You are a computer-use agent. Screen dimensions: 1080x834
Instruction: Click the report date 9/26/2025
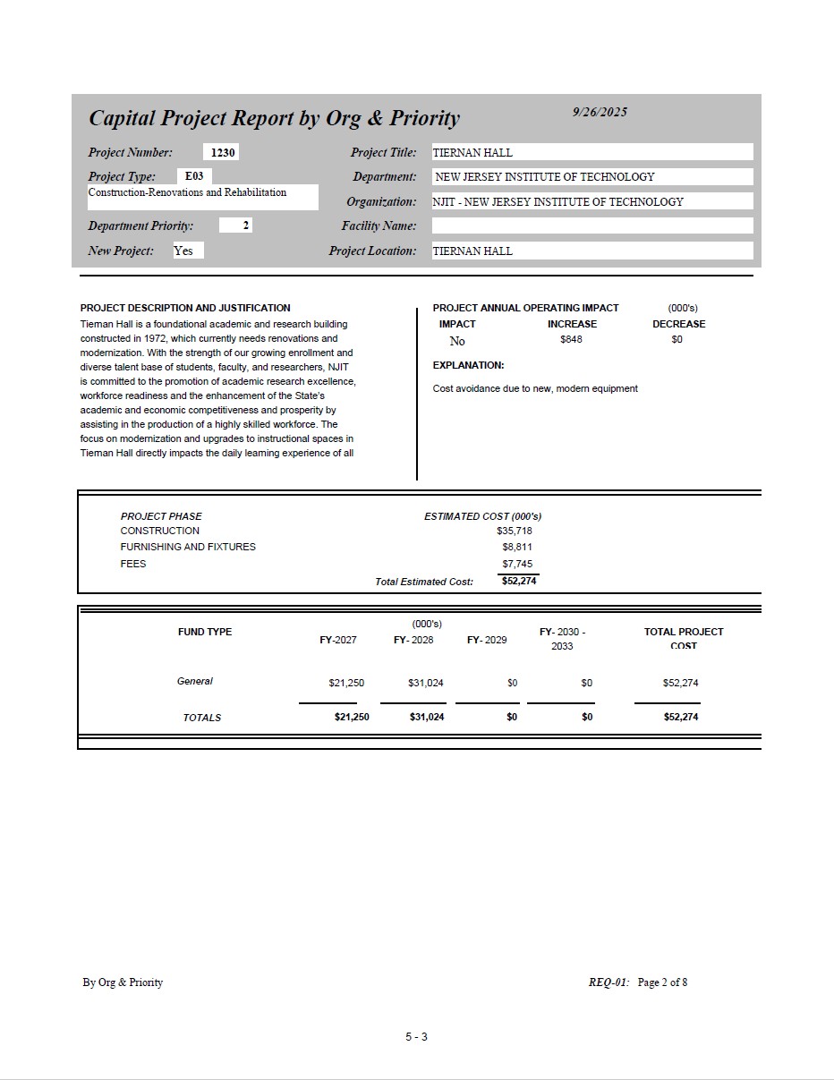[600, 112]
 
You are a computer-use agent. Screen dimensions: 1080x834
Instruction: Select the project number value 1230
[223, 153]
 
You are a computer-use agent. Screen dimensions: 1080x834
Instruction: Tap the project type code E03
[194, 176]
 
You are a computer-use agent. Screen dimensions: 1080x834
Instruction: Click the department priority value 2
[246, 225]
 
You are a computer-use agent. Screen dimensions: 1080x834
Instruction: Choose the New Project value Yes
[183, 251]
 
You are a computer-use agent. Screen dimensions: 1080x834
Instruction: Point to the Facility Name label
[379, 225]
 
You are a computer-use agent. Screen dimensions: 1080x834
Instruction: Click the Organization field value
[557, 201]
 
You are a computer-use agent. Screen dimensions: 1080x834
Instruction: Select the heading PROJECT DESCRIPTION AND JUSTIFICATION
[185, 308]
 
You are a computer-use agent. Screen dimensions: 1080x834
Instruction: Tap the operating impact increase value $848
[571, 340]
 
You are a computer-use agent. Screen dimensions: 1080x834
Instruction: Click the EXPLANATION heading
[468, 365]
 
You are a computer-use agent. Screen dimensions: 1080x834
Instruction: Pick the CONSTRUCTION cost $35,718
[515, 531]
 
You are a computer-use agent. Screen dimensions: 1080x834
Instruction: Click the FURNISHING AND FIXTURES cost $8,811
[517, 547]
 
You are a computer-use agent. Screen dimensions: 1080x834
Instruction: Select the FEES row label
[133, 564]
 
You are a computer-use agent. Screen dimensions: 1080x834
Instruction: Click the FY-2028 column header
[413, 640]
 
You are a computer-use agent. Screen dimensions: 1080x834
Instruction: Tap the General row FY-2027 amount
[346, 683]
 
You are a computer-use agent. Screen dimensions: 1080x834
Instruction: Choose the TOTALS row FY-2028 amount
[427, 717]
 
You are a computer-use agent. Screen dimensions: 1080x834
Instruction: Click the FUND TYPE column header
[205, 632]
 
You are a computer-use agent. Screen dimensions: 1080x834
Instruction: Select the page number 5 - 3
[416, 1037]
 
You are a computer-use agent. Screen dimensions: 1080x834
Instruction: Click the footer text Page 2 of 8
[662, 982]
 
